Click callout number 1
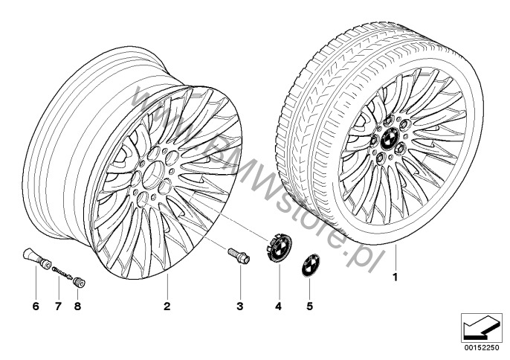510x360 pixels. click(x=395, y=277)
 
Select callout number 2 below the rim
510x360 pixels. click(x=167, y=306)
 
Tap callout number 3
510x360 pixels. click(x=239, y=306)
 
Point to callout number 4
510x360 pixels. click(x=278, y=306)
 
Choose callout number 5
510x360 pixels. click(x=309, y=306)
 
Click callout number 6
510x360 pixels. click(x=36, y=306)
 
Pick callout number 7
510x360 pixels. click(x=58, y=306)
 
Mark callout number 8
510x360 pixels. click(x=77, y=306)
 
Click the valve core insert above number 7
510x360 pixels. click(x=61, y=272)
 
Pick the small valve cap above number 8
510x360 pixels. click(x=79, y=282)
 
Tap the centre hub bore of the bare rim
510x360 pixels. click(x=152, y=176)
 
